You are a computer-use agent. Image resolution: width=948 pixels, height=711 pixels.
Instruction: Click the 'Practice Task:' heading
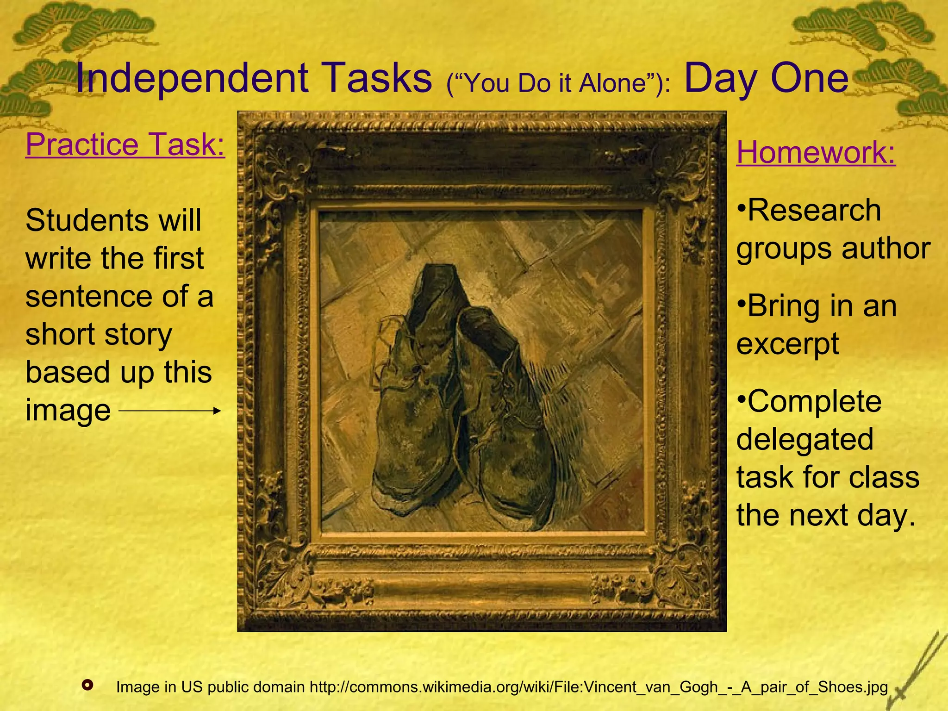(125, 144)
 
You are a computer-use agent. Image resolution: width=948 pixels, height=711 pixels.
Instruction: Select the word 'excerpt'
(787, 344)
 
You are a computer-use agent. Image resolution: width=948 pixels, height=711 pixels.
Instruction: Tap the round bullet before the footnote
(87, 685)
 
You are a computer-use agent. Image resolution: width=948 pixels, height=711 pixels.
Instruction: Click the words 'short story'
(99, 334)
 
